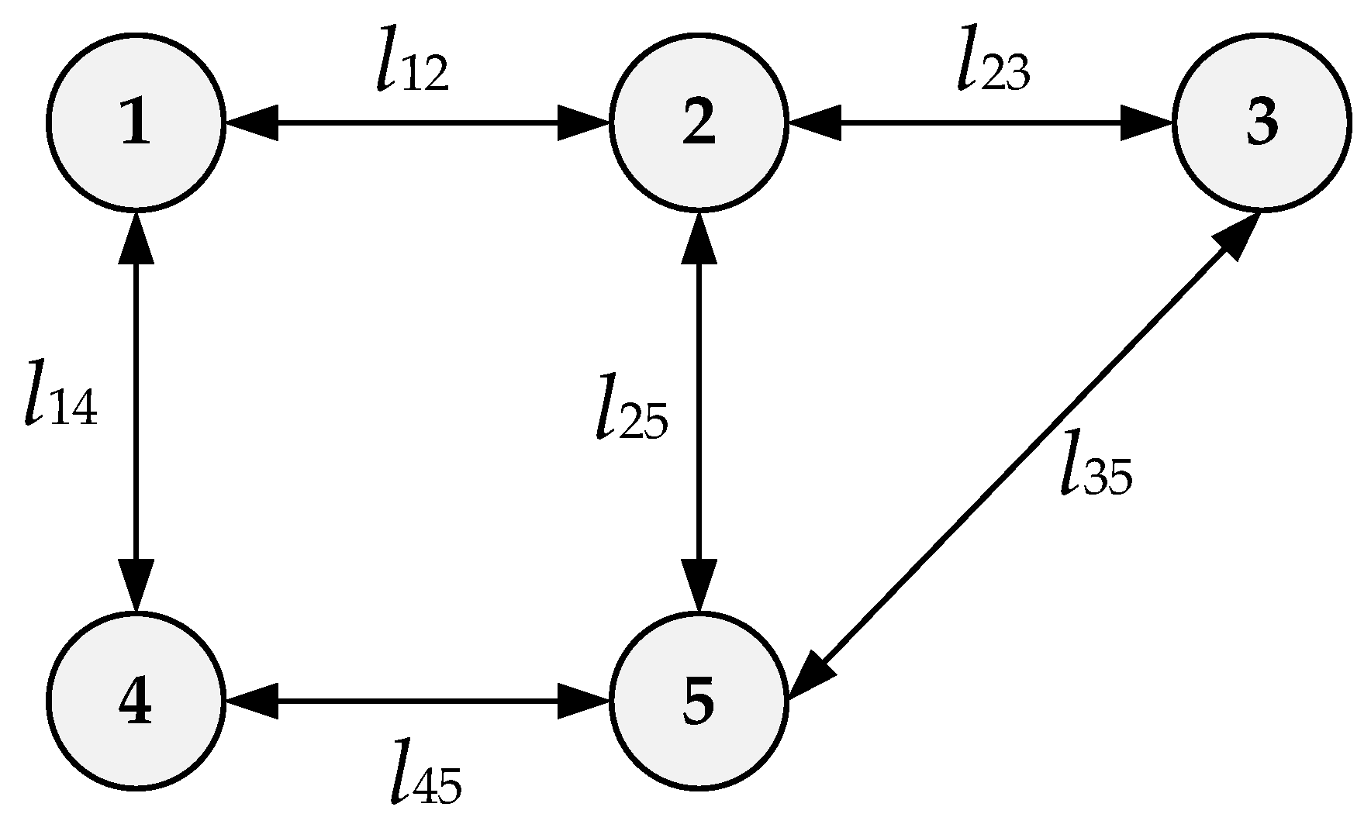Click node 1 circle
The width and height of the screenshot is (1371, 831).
136,122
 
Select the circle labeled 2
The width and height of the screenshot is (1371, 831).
699,122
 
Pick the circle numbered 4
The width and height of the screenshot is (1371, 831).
136,702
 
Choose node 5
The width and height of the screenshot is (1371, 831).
699,702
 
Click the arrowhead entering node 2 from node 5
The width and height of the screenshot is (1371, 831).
699,236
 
